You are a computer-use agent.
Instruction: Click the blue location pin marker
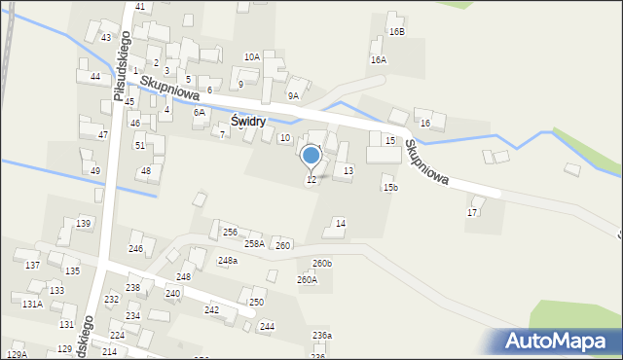(x=311, y=157)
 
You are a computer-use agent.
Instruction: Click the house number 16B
(x=396, y=31)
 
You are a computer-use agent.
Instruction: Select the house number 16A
(x=378, y=59)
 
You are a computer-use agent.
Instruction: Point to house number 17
(x=473, y=212)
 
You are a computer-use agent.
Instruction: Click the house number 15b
(x=389, y=187)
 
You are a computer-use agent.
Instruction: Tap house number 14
(x=340, y=224)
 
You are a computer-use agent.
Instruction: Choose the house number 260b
(x=322, y=264)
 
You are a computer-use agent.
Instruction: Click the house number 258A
(x=253, y=244)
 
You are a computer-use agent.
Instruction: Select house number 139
(x=84, y=224)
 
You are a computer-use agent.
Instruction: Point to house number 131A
(x=32, y=304)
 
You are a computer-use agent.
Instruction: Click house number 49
(x=95, y=170)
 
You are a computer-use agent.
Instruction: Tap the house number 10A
(x=252, y=56)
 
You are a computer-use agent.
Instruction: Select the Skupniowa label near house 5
(x=169, y=91)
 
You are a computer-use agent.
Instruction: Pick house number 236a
(x=321, y=336)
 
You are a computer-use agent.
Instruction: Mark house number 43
(x=105, y=37)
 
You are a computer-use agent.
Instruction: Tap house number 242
(x=211, y=309)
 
